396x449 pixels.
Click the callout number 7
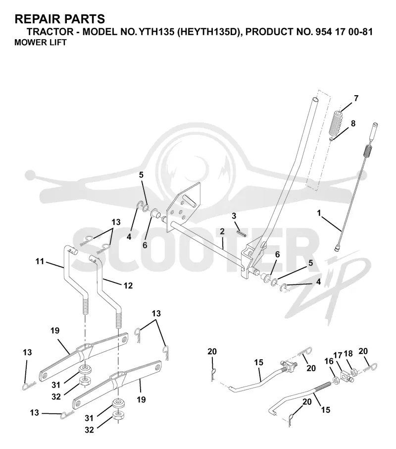(356, 98)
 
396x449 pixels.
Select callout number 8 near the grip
(353, 123)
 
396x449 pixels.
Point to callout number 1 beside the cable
(319, 213)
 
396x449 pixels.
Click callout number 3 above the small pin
(234, 216)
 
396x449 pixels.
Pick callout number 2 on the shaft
(222, 231)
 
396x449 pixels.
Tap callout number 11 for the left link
(40, 261)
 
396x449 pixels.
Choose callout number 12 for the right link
(128, 285)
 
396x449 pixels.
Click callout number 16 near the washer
(329, 361)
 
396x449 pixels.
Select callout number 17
(338, 355)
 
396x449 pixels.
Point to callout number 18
(348, 354)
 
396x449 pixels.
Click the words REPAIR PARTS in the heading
(60, 19)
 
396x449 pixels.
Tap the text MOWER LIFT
(40, 43)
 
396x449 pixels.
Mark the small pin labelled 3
(241, 233)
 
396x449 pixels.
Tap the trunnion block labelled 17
(347, 376)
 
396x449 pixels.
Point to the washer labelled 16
(336, 380)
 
